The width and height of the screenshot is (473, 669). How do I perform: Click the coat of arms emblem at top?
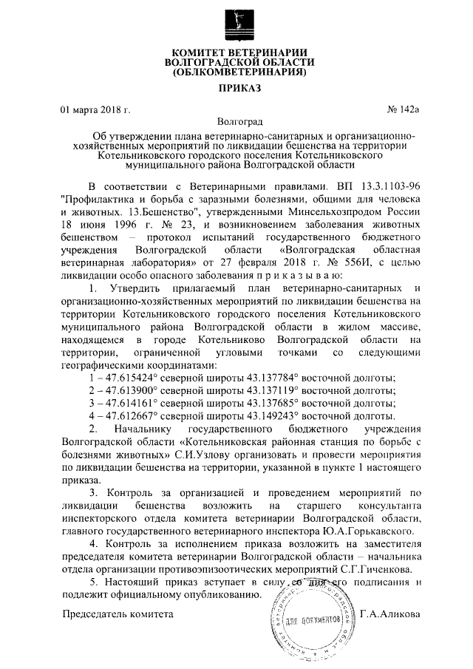point(236,21)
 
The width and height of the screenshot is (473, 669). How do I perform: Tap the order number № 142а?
point(403,110)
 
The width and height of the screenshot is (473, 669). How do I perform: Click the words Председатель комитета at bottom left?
point(118,614)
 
